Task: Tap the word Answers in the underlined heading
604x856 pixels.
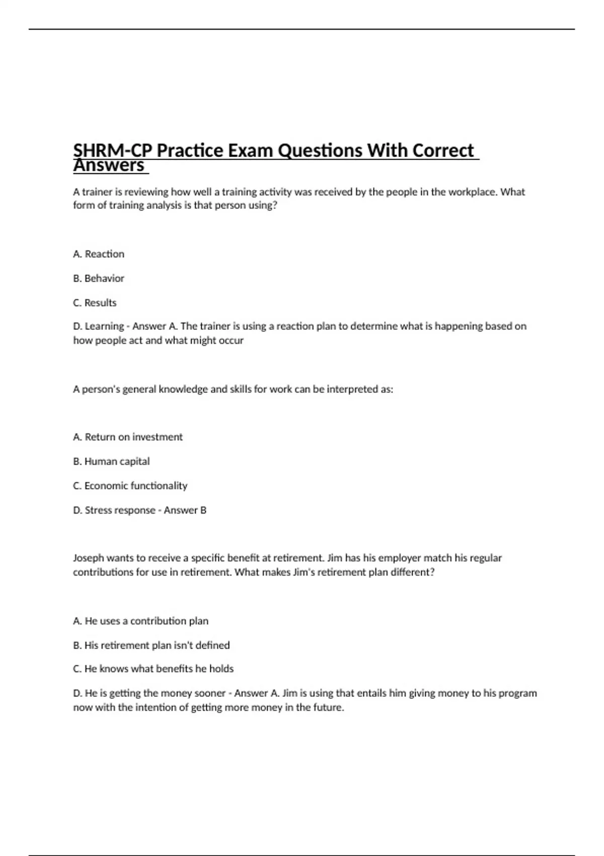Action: pyautogui.click(x=109, y=166)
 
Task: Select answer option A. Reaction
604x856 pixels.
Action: pyautogui.click(x=99, y=254)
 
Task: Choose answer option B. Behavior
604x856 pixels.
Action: pyautogui.click(x=99, y=278)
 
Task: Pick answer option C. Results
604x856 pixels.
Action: pyautogui.click(x=95, y=303)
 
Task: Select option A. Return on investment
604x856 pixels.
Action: pyautogui.click(x=128, y=437)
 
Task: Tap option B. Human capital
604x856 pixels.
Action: pyautogui.click(x=111, y=461)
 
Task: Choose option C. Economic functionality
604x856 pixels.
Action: pyautogui.click(x=130, y=486)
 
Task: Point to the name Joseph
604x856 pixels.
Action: pyautogui.click(x=89, y=558)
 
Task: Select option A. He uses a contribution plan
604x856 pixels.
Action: pyautogui.click(x=140, y=621)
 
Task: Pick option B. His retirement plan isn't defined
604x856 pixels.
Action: pyautogui.click(x=151, y=645)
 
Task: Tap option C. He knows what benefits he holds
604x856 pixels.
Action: pyautogui.click(x=153, y=669)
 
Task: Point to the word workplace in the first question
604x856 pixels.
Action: pyautogui.click(x=473, y=192)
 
